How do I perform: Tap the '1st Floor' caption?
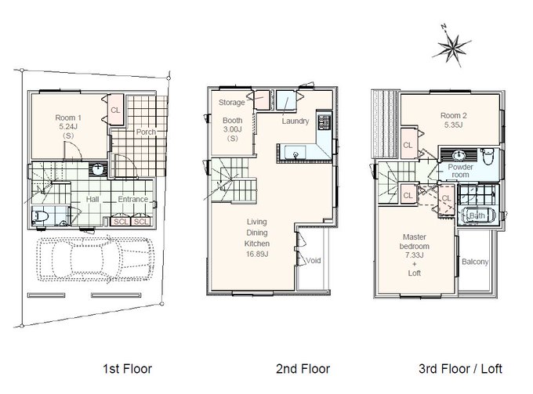coord(128,368)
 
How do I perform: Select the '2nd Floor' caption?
coord(303,368)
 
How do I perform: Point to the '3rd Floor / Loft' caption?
coord(461,368)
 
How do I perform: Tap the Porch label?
coord(146,132)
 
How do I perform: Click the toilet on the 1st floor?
coord(39,216)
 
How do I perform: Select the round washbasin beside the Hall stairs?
coord(99,169)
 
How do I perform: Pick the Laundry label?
coord(295,121)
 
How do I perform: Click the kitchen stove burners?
coord(325,122)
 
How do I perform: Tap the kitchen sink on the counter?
coord(296,152)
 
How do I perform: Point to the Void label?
coord(313,261)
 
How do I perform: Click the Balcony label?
coord(475,262)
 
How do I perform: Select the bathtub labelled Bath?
coord(477,215)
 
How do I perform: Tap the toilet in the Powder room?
coord(488,156)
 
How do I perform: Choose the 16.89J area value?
coord(257,254)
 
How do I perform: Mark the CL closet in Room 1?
coord(115,110)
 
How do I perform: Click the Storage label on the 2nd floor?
coord(231,103)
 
